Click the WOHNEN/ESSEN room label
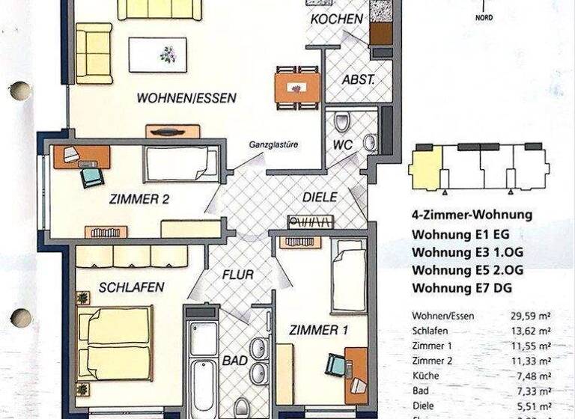(186, 97)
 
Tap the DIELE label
(320, 198)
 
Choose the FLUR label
(238, 274)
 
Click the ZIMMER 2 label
(139, 199)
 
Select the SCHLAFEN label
(131, 287)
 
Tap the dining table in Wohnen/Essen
(297, 88)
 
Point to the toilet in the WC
(342, 122)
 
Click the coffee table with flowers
(157, 55)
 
